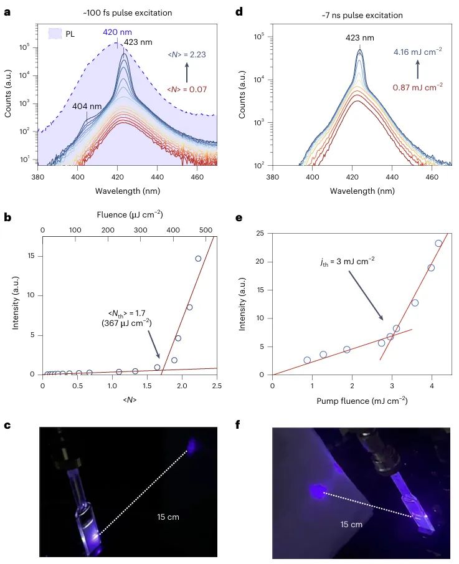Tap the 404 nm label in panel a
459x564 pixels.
(88, 106)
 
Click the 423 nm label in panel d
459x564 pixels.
(360, 37)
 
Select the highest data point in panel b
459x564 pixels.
(198, 259)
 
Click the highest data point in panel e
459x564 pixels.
(438, 244)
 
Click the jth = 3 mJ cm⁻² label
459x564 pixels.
(346, 263)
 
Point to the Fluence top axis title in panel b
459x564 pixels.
(130, 214)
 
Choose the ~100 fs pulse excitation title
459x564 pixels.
(130, 12)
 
